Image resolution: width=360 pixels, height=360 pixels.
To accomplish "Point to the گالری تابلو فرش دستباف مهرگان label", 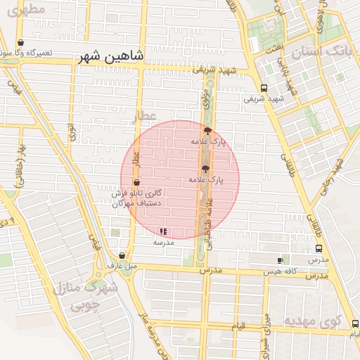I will pyautogui.click(x=139, y=198).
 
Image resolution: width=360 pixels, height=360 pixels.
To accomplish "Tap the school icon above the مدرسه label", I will pyautogui.click(x=163, y=231).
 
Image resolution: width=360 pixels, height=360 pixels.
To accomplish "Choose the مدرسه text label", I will pyautogui.click(x=164, y=242).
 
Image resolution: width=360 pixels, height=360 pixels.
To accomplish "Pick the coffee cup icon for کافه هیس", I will pyautogui.click(x=281, y=260).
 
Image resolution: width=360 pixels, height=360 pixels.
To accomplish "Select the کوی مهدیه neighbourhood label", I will pyautogui.click(x=312, y=321).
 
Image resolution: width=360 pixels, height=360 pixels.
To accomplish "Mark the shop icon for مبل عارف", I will pyautogui.click(x=122, y=256).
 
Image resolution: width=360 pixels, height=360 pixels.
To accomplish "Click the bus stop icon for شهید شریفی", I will pyautogui.click(x=264, y=88).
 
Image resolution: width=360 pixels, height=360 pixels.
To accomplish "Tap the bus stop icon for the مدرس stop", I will pyautogui.click(x=319, y=248).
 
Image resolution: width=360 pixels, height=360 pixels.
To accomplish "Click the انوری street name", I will pyautogui.click(x=71, y=131).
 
